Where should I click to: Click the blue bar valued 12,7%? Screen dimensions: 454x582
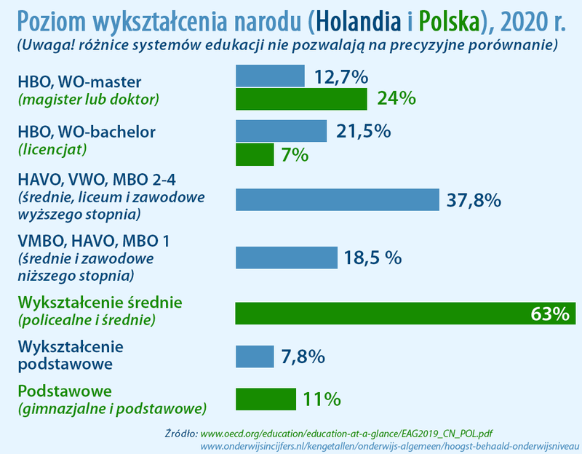point(270,76)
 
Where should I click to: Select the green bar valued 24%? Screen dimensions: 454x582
point(301,99)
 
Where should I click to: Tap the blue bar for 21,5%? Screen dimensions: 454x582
point(281,131)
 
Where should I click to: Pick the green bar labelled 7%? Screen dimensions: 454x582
point(255,154)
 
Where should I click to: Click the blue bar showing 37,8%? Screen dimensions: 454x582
point(338,199)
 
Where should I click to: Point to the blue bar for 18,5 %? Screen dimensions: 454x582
point(287,258)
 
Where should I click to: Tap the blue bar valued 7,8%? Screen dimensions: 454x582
point(254,357)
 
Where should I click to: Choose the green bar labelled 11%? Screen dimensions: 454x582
point(266,399)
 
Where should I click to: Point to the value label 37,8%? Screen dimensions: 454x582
point(474,199)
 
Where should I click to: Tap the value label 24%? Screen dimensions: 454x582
point(396,99)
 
